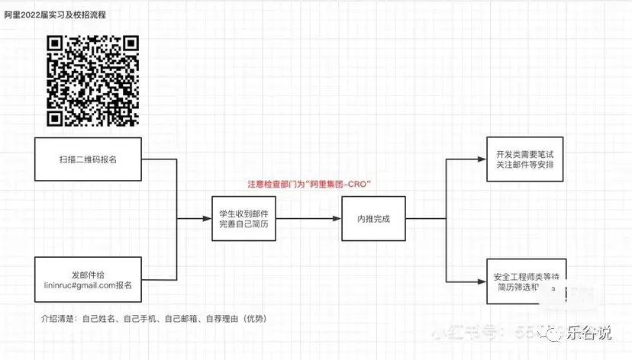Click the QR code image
click(x=93, y=80)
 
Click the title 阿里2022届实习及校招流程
click(x=55, y=14)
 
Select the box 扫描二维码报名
click(x=88, y=159)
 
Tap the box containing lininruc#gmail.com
click(x=88, y=281)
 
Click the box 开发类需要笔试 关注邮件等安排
click(x=526, y=159)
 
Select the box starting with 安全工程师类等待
click(x=526, y=281)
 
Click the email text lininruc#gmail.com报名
click(x=88, y=286)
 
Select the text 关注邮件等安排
click(x=526, y=166)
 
